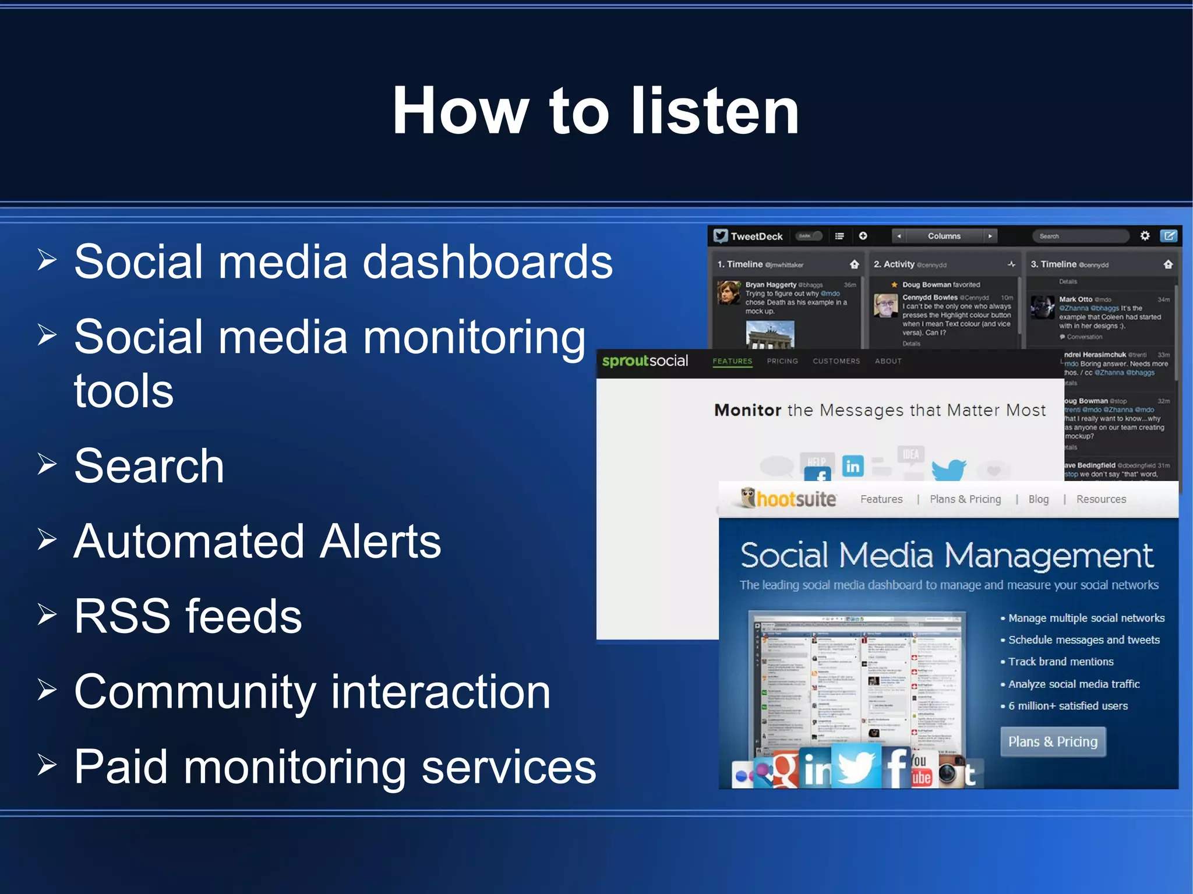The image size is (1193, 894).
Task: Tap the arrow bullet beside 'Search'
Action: coord(47,464)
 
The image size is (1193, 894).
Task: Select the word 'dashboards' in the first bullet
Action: coord(488,262)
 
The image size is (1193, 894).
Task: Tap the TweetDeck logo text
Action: coord(756,236)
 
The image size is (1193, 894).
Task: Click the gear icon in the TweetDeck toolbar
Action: coord(1145,236)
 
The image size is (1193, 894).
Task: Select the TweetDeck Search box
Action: coord(1081,236)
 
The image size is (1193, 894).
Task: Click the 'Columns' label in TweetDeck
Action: coord(944,236)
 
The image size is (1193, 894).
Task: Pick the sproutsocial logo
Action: coord(645,361)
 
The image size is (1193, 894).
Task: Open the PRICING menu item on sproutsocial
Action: coord(782,361)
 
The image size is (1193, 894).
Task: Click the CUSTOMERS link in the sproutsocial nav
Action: coord(836,361)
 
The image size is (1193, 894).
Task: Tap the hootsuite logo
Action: coord(789,499)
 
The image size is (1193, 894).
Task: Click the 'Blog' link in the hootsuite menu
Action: coord(1038,499)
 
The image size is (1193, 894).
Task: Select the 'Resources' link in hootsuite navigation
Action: coord(1101,499)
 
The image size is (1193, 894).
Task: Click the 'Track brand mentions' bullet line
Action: coord(1060,662)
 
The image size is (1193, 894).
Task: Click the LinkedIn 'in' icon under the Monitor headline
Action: coord(852,466)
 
